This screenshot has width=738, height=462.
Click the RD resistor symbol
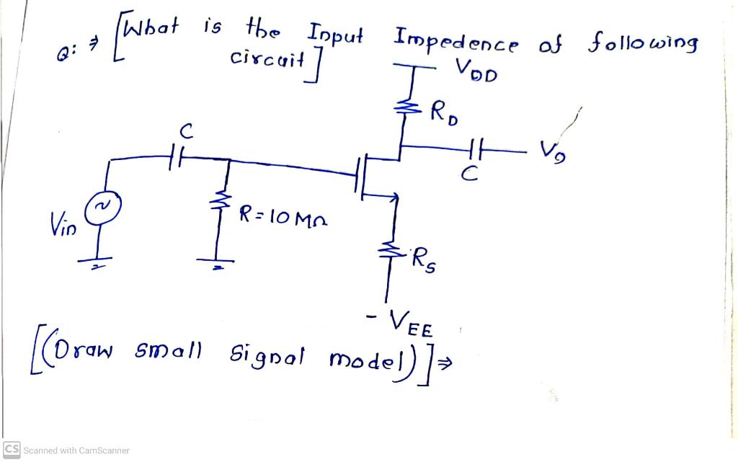(402, 108)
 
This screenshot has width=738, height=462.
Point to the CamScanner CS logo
(12, 450)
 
